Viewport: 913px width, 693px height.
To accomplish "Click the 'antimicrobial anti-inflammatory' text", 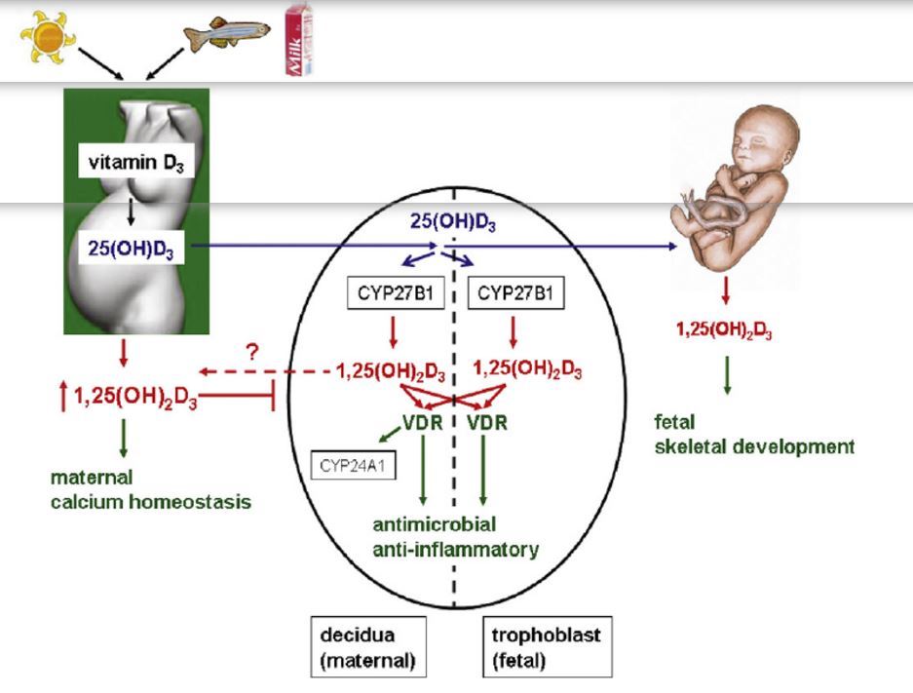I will click(455, 537).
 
